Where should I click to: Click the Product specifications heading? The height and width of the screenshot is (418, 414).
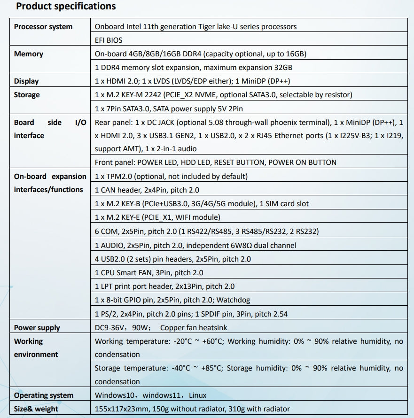66,7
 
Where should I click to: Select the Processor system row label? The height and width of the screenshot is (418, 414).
43,27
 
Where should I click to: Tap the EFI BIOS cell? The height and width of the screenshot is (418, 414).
109,40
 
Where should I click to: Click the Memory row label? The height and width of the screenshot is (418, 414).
29,54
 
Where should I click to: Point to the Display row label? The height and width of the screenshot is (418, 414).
26,81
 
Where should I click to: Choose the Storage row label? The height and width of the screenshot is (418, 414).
27,95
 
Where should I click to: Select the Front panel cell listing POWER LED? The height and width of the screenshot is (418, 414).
216,163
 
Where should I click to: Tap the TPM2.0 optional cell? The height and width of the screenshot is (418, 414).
171,177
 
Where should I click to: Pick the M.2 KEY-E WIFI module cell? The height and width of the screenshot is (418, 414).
157,217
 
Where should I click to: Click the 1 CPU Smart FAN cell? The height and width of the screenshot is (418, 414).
149,272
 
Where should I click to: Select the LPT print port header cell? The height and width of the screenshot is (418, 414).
164,286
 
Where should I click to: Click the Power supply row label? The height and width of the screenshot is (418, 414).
37,328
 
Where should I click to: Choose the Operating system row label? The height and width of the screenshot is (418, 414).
44,395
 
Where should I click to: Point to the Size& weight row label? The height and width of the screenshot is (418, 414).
36,409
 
